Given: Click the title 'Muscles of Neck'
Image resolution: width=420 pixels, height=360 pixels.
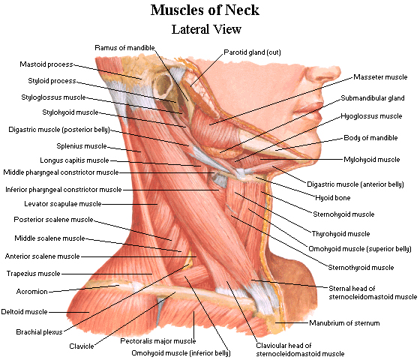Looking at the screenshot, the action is pyautogui.click(x=205, y=10).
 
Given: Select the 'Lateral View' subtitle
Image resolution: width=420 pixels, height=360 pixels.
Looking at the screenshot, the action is pyautogui.click(x=206, y=29).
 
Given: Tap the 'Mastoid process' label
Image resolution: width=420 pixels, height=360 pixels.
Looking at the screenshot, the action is pyautogui.click(x=46, y=64).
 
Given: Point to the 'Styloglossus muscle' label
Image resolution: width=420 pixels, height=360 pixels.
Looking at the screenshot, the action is pyautogui.click(x=53, y=97).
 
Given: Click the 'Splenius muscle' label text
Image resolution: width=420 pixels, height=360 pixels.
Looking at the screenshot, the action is pyautogui.click(x=82, y=146).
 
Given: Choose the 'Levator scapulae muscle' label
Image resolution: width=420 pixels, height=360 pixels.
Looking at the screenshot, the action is pyautogui.click(x=63, y=204).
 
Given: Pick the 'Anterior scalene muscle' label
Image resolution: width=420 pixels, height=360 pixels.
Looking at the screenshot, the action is pyautogui.click(x=42, y=256).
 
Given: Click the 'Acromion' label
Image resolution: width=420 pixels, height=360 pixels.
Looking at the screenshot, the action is pyautogui.click(x=31, y=292).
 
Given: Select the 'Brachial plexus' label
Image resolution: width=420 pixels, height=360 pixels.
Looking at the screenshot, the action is pyautogui.click(x=39, y=332).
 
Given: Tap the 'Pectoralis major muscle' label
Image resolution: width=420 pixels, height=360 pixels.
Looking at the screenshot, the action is pyautogui.click(x=158, y=341).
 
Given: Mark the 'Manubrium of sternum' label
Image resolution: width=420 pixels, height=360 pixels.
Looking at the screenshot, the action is pyautogui.click(x=344, y=323).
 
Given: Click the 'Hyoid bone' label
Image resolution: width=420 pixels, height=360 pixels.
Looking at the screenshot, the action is pyautogui.click(x=333, y=198).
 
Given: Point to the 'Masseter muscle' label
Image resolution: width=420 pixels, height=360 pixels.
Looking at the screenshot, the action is pyautogui.click(x=380, y=77).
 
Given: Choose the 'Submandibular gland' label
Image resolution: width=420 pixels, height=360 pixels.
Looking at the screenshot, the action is pyautogui.click(x=373, y=98).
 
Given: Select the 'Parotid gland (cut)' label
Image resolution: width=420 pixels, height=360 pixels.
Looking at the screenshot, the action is pyautogui.click(x=252, y=52).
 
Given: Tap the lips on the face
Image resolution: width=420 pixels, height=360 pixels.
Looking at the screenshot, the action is pyautogui.click(x=309, y=113).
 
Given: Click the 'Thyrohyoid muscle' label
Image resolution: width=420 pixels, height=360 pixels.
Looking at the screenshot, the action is pyautogui.click(x=340, y=234).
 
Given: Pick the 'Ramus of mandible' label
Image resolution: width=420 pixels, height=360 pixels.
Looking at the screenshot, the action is pyautogui.click(x=124, y=48).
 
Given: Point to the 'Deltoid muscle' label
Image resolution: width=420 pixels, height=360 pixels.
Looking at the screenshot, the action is pyautogui.click(x=24, y=312).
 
